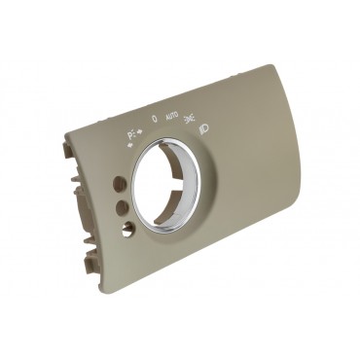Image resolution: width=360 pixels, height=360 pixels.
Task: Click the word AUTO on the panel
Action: (x=172, y=116)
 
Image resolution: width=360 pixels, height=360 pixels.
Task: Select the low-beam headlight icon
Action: (x=205, y=127)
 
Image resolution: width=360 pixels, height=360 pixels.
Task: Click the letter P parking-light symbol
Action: (x=130, y=134)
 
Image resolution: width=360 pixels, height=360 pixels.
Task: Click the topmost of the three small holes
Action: (x=118, y=182)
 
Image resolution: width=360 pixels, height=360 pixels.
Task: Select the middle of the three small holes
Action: (x=122, y=206)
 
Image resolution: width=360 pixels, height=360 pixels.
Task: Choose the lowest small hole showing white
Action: (x=128, y=229)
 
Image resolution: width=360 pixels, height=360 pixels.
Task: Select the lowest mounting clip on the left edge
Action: (x=91, y=271)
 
